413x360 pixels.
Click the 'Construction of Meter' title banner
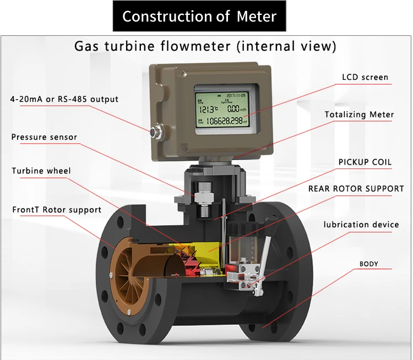point(199,16)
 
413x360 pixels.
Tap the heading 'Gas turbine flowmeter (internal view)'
point(205,46)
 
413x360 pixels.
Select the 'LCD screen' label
point(365,78)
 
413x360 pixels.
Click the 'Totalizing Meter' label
point(359,115)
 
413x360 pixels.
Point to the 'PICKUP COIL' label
point(365,162)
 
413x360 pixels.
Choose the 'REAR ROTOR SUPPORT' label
point(356,189)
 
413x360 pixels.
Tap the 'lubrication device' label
point(361,225)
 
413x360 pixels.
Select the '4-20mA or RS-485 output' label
point(64,100)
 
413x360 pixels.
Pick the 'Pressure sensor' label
point(44,137)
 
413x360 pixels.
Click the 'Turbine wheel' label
point(41,171)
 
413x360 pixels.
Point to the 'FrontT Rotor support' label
point(57,210)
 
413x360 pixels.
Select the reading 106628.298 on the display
point(224,121)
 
